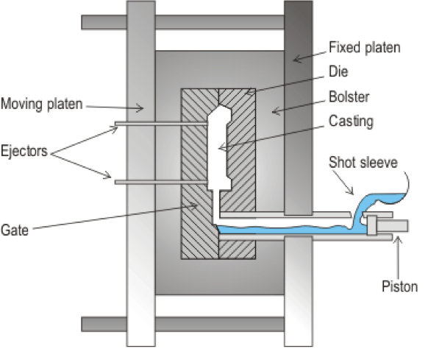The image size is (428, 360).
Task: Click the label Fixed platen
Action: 365,48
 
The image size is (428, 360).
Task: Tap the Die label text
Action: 338,71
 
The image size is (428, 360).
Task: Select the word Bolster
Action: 349,96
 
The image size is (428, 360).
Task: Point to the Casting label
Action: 351,121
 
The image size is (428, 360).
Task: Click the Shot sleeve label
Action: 363,163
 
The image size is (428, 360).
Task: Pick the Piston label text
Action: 399,286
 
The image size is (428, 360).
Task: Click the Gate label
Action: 15,230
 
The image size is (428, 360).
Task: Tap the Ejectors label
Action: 24,151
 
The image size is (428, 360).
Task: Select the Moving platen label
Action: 41,104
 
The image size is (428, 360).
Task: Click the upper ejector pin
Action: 161,124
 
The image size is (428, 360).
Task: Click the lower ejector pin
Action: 161,183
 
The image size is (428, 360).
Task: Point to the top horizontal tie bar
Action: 183,22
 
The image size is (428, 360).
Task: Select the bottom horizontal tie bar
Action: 183,325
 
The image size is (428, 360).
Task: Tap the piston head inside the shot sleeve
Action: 372,225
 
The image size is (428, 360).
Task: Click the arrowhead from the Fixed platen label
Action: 294,60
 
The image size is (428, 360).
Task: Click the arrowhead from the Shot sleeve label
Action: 353,194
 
